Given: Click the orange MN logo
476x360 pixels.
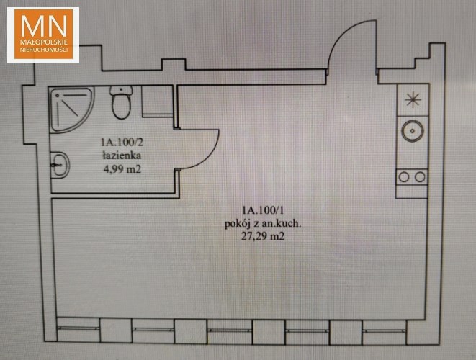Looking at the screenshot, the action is click(x=43, y=35).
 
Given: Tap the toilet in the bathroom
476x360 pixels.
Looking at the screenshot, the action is click(x=122, y=102).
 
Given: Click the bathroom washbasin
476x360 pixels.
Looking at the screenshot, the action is click(x=60, y=165).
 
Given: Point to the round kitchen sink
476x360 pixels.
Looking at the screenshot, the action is click(x=412, y=131).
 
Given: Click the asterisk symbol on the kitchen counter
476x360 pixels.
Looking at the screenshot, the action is click(x=413, y=100).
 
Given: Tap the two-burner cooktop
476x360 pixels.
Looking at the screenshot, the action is click(x=412, y=176).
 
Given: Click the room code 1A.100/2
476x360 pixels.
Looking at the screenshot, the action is click(x=122, y=142).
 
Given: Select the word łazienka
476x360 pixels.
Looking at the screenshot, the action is click(x=122, y=156).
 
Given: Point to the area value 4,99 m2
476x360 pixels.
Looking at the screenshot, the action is click(x=122, y=169).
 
